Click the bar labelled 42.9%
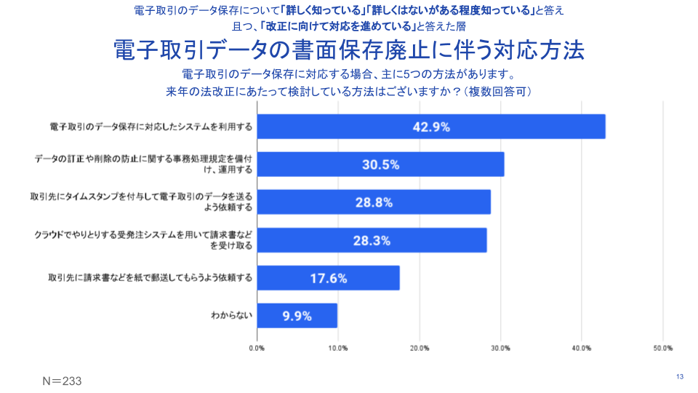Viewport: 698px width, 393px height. (x=431, y=127)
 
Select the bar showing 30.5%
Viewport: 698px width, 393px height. (x=381, y=164)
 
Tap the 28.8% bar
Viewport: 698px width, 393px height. (x=374, y=202)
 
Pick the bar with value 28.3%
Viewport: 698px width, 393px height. (x=372, y=240)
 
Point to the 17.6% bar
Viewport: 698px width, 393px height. (x=328, y=278)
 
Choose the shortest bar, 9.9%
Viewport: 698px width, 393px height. (x=297, y=316)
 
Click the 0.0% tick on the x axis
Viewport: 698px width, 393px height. (x=257, y=349)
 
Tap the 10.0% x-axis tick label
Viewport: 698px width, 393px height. (x=337, y=349)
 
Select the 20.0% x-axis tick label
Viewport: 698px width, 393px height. (x=419, y=349)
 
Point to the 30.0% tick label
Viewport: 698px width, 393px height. (x=500, y=349)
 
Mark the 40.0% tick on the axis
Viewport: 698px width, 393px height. (x=582, y=349)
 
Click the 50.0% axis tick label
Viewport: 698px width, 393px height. (x=662, y=349)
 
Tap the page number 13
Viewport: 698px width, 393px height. (x=680, y=376)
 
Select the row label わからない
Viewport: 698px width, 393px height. (x=231, y=316)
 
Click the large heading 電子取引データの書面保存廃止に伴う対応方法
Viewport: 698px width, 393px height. (x=349, y=51)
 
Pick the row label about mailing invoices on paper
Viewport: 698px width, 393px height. (x=151, y=278)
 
